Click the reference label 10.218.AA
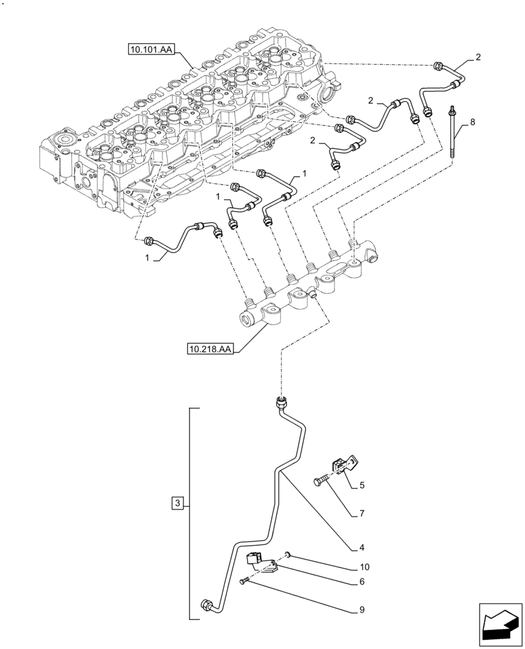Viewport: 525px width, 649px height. [209, 350]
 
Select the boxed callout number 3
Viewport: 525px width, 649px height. [177, 502]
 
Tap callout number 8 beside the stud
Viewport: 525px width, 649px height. [472, 121]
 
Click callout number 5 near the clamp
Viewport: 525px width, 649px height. [363, 484]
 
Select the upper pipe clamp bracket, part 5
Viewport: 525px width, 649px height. [340, 464]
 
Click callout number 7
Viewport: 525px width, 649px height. [363, 513]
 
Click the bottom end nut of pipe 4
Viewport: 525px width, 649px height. [208, 604]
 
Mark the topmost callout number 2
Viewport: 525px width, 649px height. [478, 58]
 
